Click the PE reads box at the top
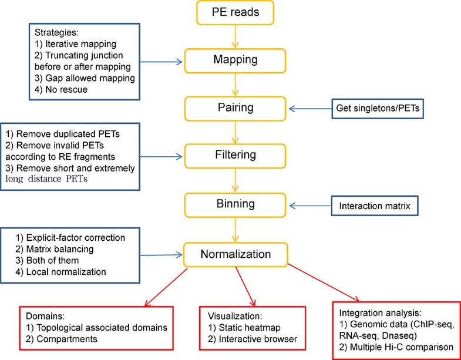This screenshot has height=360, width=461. [x=234, y=14]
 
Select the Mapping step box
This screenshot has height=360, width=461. [x=234, y=59]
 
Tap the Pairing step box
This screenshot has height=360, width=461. [x=234, y=107]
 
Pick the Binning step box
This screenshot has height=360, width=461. [x=234, y=205]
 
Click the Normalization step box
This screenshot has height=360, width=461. [x=234, y=255]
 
